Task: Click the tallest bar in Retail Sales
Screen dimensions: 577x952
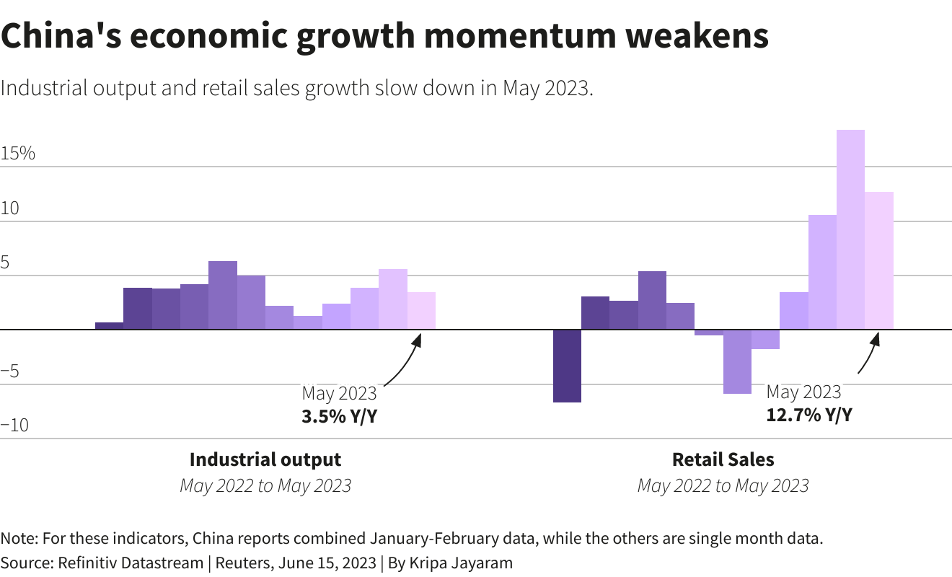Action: pyautogui.click(x=850, y=229)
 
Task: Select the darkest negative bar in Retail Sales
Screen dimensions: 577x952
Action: pyautogui.click(x=567, y=366)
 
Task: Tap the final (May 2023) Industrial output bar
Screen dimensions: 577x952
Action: pyautogui.click(x=421, y=311)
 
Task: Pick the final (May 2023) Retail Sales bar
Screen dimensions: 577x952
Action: pyautogui.click(x=879, y=260)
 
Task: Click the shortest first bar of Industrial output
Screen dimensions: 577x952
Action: pyautogui.click(x=109, y=326)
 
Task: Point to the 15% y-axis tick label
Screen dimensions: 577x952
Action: pyautogui.click(x=18, y=154)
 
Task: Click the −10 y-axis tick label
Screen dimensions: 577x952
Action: pyautogui.click(x=14, y=425)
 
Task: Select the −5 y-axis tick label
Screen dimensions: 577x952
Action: pyautogui.click(x=14, y=371)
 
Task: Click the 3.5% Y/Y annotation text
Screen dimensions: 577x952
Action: pyautogui.click(x=339, y=416)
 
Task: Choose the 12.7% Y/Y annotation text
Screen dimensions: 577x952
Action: pyautogui.click(x=808, y=415)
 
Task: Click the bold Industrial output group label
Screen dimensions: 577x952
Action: pyautogui.click(x=265, y=459)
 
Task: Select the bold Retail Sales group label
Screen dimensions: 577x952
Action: pyautogui.click(x=723, y=459)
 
